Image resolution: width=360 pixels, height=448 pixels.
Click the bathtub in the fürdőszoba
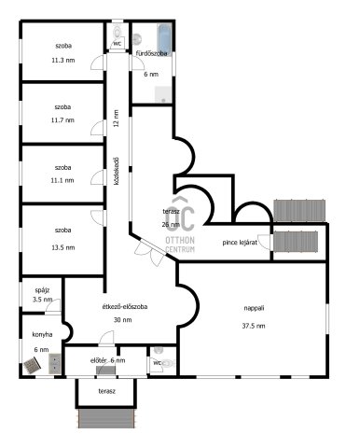[x=164, y=39]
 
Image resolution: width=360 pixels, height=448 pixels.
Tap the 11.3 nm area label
[x=63, y=60]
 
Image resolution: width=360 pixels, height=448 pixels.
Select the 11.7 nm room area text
[x=62, y=120]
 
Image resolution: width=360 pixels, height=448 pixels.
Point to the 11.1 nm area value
[x=62, y=180]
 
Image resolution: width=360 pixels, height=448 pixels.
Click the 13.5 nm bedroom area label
[x=63, y=247]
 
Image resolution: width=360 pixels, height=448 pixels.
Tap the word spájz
[x=42, y=290]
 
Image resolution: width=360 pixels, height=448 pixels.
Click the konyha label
[x=42, y=335]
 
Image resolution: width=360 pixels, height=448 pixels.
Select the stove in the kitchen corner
[x=32, y=365]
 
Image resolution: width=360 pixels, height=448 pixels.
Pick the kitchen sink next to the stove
[x=55, y=364]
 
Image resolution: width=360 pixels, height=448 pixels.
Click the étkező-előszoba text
[x=125, y=306]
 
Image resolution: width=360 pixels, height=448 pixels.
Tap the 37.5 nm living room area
[x=254, y=326]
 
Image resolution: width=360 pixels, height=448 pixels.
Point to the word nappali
[x=254, y=308]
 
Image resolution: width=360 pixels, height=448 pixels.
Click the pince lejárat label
[x=240, y=243]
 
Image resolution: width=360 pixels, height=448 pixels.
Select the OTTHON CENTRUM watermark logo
[x=180, y=225]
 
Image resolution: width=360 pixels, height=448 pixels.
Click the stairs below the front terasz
[x=106, y=418]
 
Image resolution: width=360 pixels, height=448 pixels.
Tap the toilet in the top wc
[x=118, y=32]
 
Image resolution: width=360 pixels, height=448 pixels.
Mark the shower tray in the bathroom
[x=163, y=94]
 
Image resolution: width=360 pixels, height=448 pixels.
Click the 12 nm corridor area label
[x=117, y=118]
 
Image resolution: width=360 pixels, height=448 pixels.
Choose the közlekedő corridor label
[x=117, y=172]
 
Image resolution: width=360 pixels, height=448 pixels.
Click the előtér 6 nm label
[x=107, y=360]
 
